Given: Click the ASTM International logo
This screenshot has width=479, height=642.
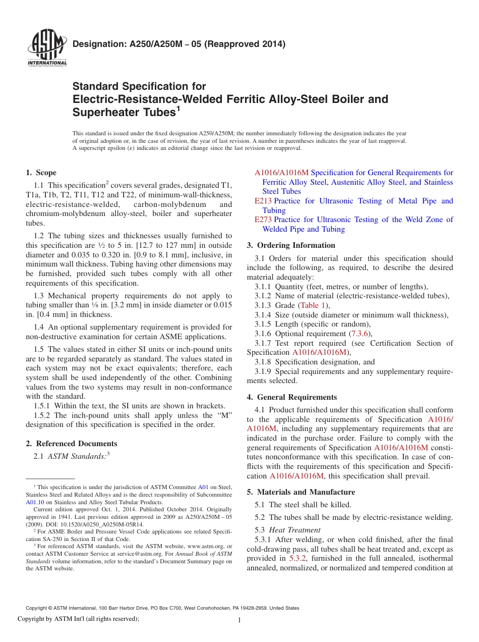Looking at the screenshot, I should pyautogui.click(x=47, y=48).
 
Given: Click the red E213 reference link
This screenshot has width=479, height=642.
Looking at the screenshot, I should pyautogui.click(x=263, y=201).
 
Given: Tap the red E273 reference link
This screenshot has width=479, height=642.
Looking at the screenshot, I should pyautogui.click(x=263, y=220).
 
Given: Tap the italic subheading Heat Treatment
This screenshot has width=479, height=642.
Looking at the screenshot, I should pyautogui.click(x=295, y=530).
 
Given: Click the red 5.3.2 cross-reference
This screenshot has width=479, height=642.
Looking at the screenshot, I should pyautogui.click(x=297, y=558).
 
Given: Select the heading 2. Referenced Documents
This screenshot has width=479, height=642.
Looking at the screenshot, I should pyautogui.click(x=72, y=444).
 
